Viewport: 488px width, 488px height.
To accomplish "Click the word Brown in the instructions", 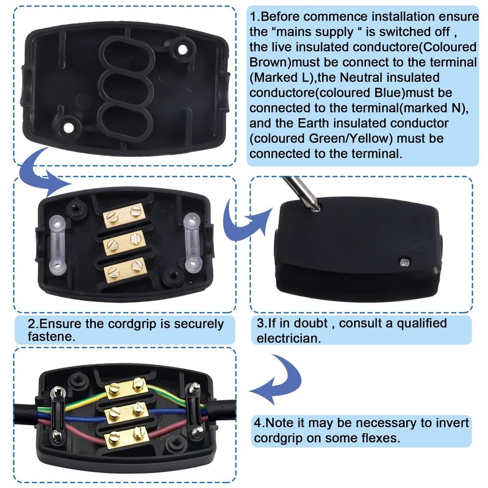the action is pyautogui.click(x=270, y=62).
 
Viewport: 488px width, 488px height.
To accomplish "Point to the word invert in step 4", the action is pyautogui.click(x=452, y=423).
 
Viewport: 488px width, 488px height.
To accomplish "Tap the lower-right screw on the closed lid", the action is pyautogui.click(x=404, y=262).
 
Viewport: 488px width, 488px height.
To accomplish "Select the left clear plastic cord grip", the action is pyautogui.click(x=57, y=245).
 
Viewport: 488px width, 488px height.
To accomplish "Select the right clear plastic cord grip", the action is pyautogui.click(x=192, y=242).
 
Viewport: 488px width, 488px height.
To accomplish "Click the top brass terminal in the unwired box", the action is pyautogui.click(x=124, y=215).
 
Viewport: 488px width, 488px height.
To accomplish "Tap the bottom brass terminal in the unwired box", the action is pyautogui.click(x=124, y=270).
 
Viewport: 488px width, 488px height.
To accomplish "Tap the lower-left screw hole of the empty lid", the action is pyautogui.click(x=68, y=127).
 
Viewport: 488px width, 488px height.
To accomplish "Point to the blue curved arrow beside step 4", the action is pyautogui.click(x=277, y=379).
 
